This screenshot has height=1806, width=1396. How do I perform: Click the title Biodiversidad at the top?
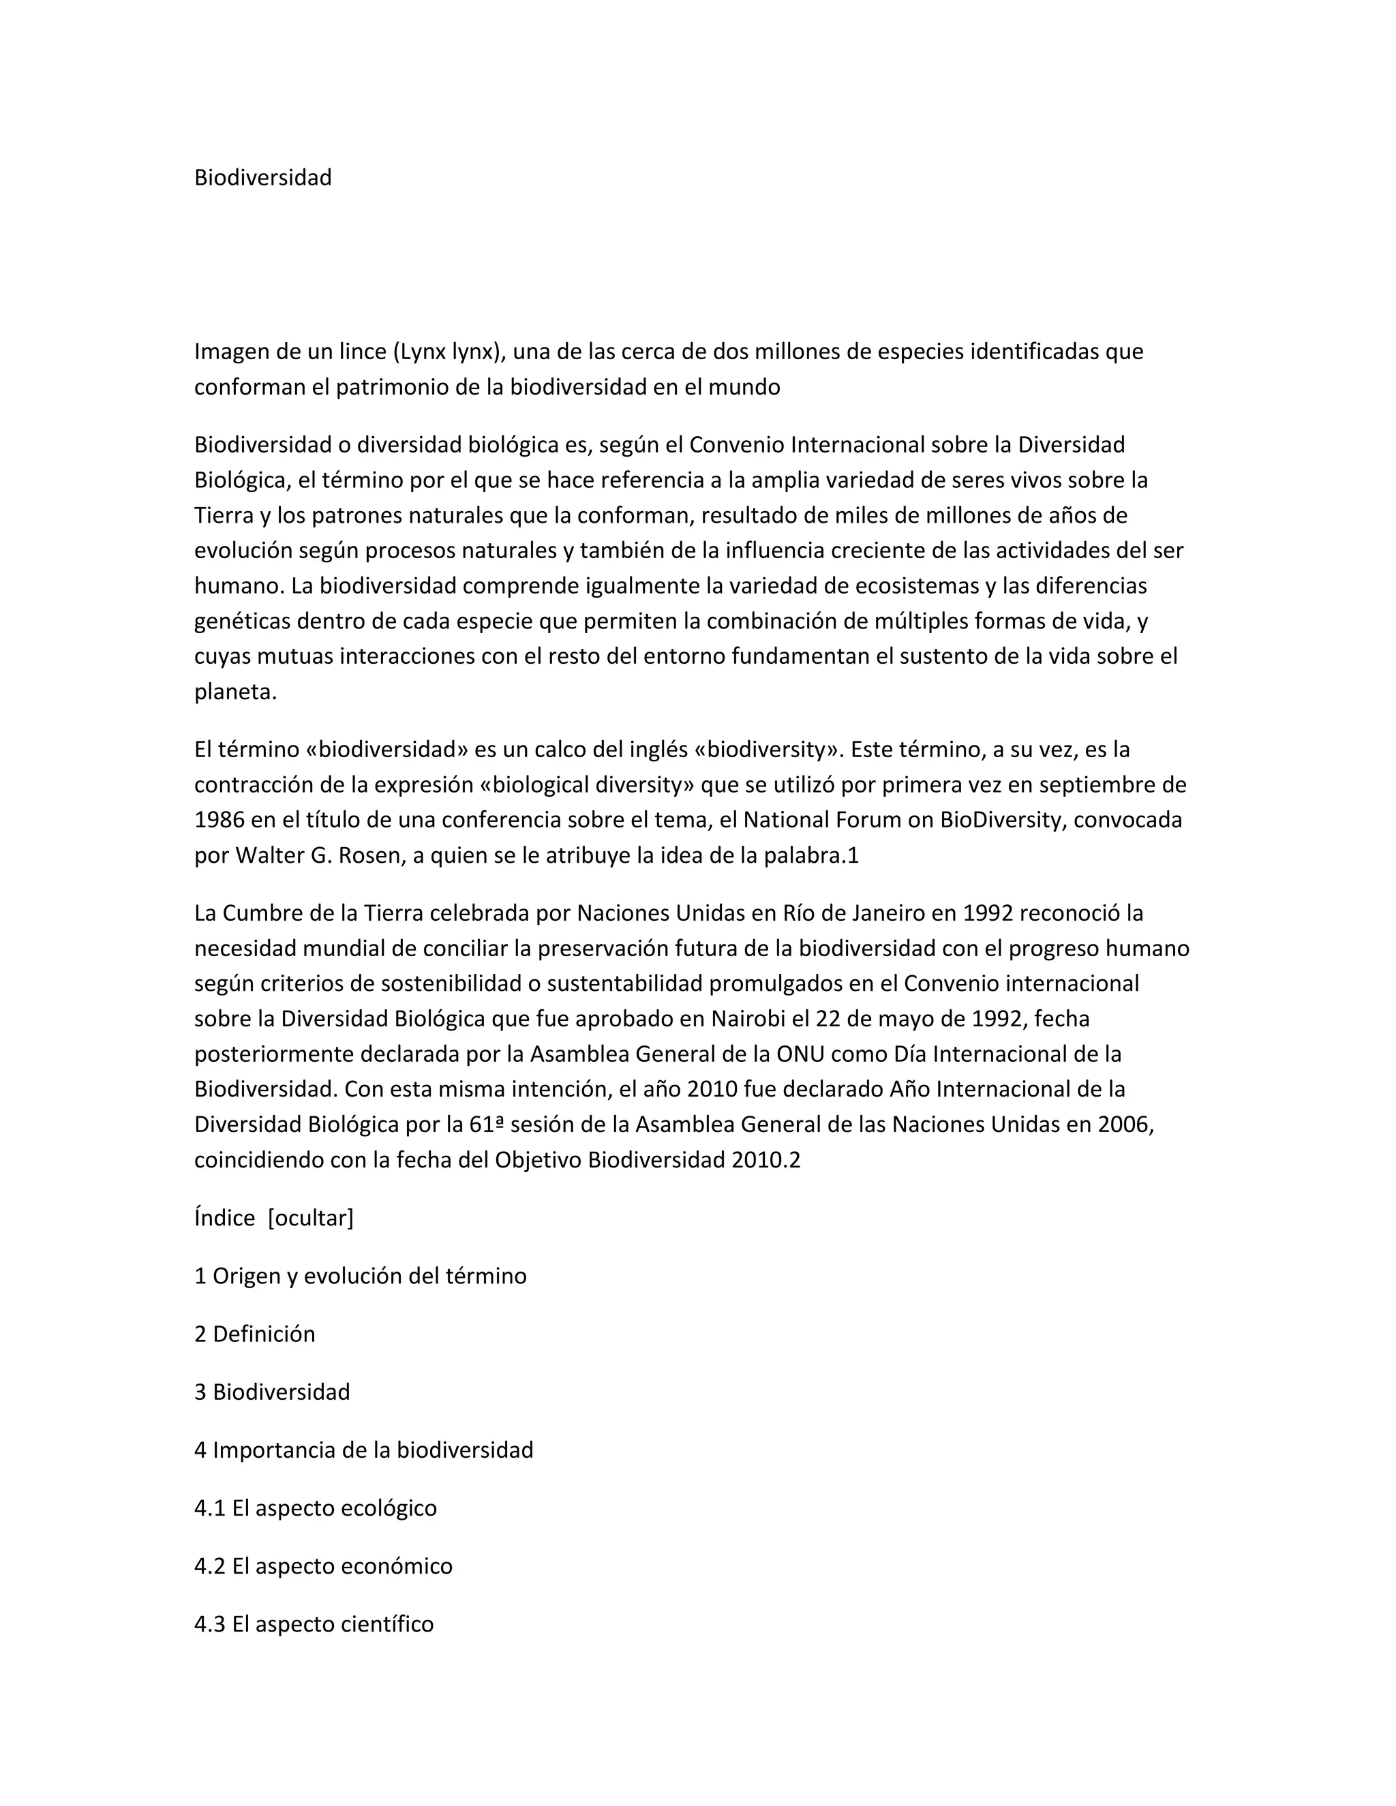(262, 178)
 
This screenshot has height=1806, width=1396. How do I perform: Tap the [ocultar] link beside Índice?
(310, 1218)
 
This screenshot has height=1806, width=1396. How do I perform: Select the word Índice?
(224, 1218)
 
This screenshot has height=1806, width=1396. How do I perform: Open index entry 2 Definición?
(255, 1334)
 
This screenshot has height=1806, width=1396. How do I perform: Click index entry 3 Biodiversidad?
(272, 1392)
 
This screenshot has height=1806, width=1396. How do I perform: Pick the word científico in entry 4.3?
(386, 1624)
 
